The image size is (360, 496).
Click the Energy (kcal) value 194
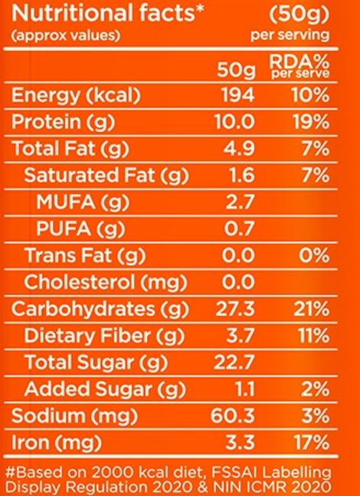pos(242,96)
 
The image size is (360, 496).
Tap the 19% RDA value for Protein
pos(313,121)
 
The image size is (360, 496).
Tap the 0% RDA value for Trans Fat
pos(315,255)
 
